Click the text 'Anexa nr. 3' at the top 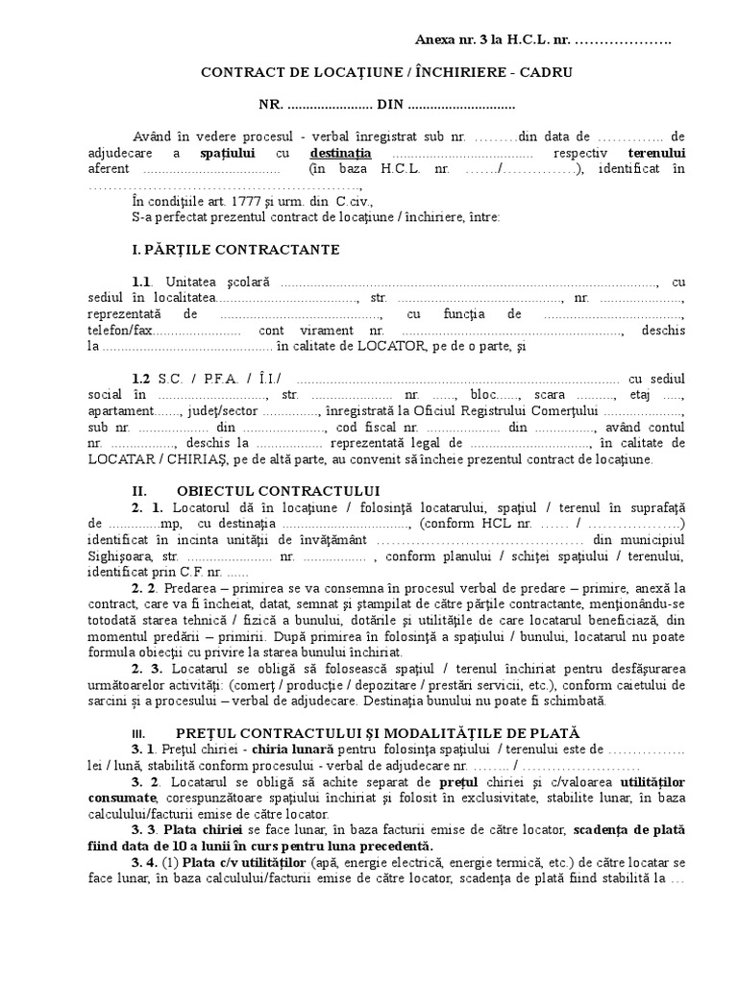[450, 39]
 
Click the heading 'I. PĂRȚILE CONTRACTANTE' [235, 249]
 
